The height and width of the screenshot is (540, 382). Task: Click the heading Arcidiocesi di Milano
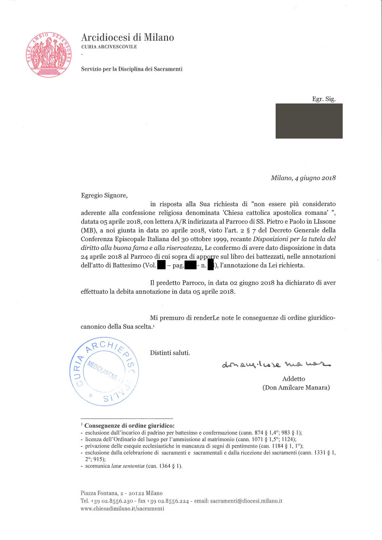point(127,37)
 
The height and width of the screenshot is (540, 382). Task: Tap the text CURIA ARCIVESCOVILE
point(109,47)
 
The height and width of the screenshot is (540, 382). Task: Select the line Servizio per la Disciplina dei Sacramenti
point(132,69)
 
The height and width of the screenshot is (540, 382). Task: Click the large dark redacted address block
point(309,121)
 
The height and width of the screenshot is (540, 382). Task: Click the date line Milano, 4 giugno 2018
point(303,178)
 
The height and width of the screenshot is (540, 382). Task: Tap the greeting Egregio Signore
point(104,195)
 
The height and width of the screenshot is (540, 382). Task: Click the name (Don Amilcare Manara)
point(296,388)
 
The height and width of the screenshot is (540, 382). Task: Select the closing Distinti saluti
point(170,353)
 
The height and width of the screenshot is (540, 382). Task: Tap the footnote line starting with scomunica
point(134,466)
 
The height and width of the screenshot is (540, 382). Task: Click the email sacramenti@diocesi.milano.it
point(246,501)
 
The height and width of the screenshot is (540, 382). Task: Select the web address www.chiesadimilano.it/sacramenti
point(123,509)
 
